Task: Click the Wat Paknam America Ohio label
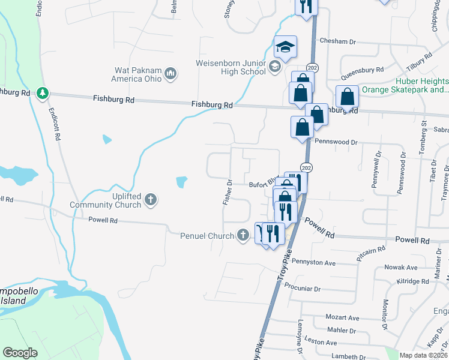point(137,74)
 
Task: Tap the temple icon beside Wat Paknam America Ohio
point(170,74)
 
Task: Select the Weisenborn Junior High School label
point(231,67)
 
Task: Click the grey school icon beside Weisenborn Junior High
point(275,66)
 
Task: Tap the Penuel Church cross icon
point(243,235)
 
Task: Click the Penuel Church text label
point(207,236)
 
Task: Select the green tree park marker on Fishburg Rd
point(42,93)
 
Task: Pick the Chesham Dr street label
point(338,41)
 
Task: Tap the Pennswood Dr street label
point(337,142)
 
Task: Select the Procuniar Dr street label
point(303,287)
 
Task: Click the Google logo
point(20,353)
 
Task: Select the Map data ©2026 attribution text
point(423,355)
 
